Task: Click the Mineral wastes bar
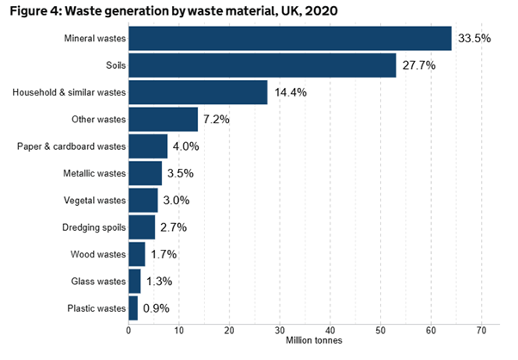[x=290, y=39]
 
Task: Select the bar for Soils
[x=262, y=65]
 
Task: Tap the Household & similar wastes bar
[x=198, y=92]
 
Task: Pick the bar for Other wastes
[x=163, y=119]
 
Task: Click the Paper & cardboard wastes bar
[x=148, y=146]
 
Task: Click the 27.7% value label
[x=421, y=65]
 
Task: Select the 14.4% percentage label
[x=293, y=92]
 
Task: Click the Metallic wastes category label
[x=94, y=173]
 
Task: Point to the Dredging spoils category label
[x=94, y=227]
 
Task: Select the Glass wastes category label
[x=99, y=281]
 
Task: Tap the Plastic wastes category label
[x=97, y=307]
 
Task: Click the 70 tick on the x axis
[x=482, y=330]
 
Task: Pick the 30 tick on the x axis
[x=280, y=330]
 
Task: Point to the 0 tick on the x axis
[x=128, y=330]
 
